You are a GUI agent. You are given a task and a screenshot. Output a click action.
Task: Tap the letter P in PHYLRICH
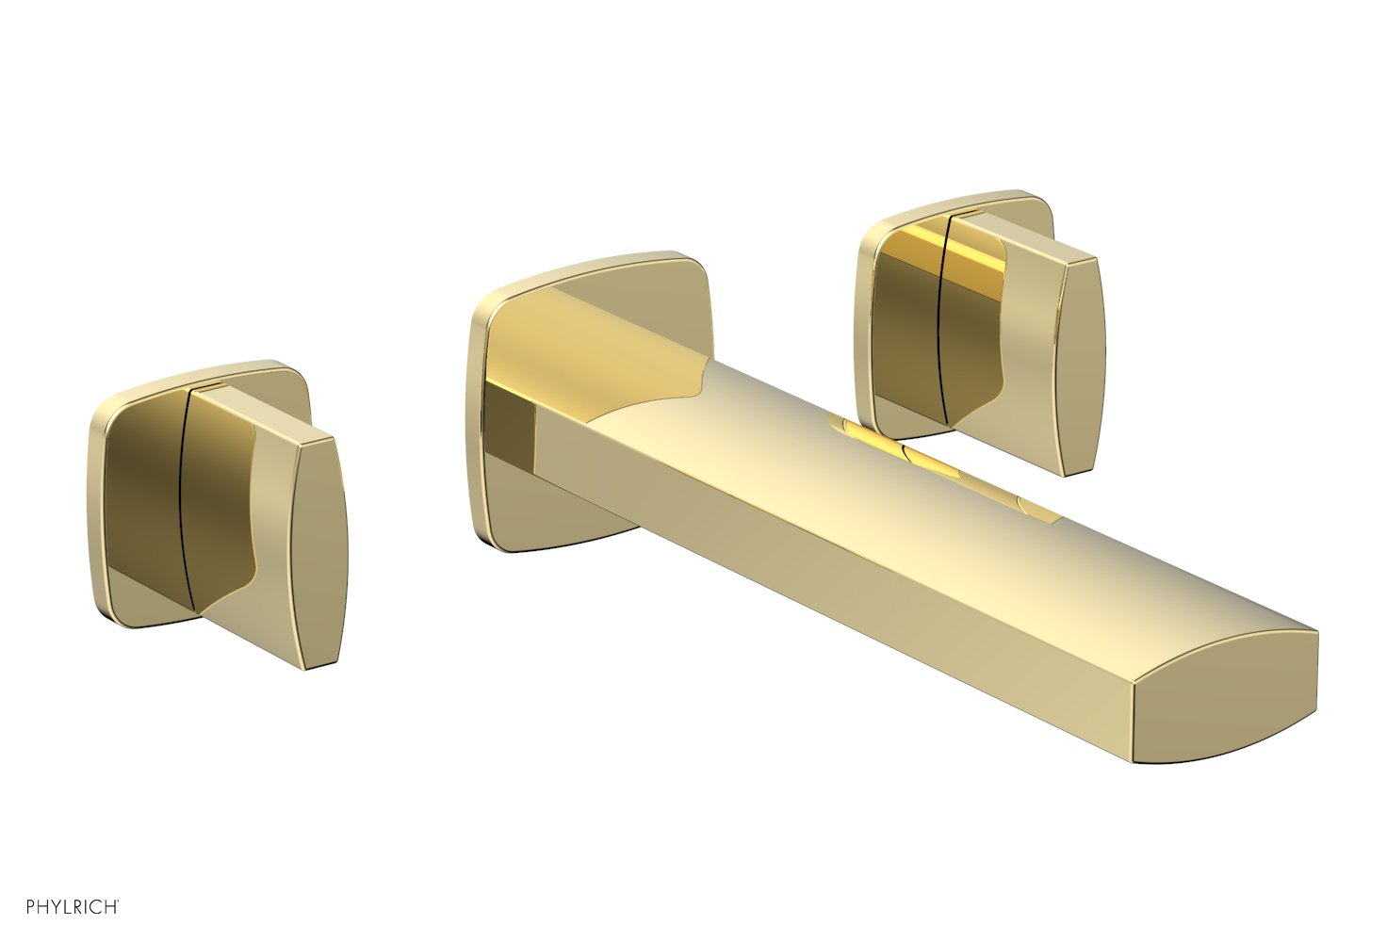(x=31, y=907)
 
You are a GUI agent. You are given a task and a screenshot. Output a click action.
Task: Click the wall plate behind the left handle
(x=132, y=490)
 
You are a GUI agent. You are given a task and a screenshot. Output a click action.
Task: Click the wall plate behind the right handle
(x=895, y=311)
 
